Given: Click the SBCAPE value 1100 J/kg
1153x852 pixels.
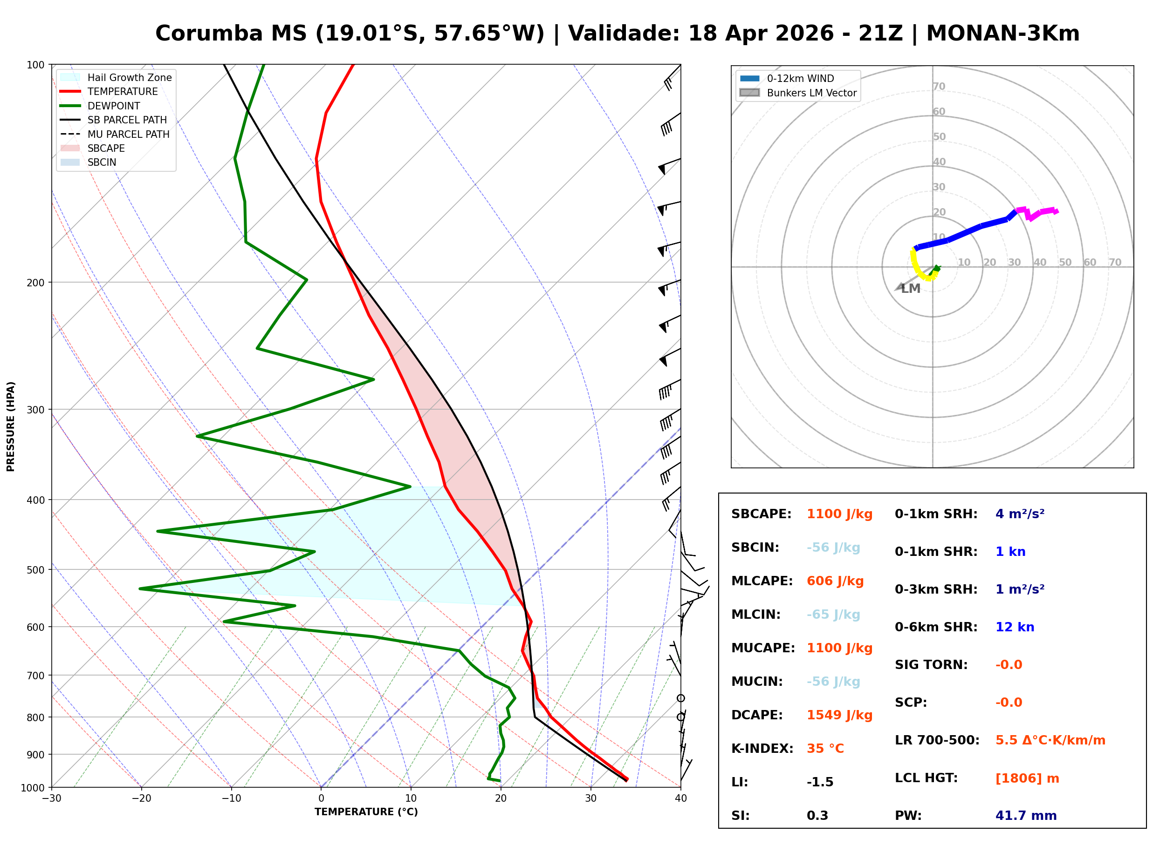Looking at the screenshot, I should [x=839, y=514].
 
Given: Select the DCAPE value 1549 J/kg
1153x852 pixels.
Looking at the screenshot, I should [x=839, y=715].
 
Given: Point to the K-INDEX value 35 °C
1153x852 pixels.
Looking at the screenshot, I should [x=825, y=749].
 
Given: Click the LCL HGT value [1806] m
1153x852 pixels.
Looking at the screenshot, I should [x=1027, y=778].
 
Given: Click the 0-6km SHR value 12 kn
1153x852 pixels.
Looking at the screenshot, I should [x=1015, y=627].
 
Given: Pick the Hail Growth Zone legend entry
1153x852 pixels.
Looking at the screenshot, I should [x=129, y=77].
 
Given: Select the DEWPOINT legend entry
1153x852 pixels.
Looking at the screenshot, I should [x=114, y=106].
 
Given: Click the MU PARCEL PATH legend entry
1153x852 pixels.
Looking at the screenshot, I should [x=128, y=134].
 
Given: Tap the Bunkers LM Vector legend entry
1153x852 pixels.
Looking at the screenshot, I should [x=811, y=93].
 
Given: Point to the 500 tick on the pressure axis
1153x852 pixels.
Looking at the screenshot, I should [x=35, y=570].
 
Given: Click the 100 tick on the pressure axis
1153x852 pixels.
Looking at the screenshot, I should [x=35, y=64].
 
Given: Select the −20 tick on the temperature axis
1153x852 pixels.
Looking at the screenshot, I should [x=141, y=798].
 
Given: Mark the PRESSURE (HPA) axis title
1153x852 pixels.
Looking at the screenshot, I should [x=11, y=426].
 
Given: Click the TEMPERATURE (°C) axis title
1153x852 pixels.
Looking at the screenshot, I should [x=366, y=812].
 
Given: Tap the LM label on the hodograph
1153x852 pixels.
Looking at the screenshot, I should [x=911, y=289].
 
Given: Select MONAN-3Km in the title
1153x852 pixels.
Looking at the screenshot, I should [x=1003, y=34].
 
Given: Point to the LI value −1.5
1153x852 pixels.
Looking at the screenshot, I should [x=820, y=782].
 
